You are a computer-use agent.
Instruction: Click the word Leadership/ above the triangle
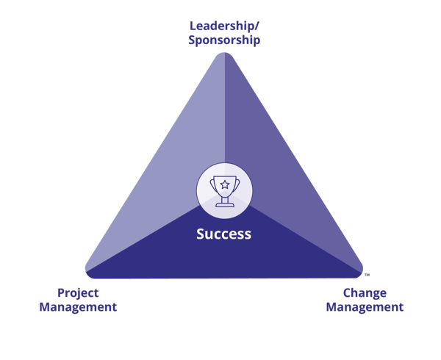point(224,26)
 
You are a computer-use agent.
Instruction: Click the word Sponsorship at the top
point(224,40)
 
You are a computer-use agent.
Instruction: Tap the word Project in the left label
point(78,293)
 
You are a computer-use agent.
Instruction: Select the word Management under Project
point(78,307)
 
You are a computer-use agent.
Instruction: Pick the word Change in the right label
point(365,293)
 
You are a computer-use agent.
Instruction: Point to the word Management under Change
point(365,307)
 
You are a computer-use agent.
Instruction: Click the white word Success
point(224,234)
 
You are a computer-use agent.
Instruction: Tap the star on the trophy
point(225,184)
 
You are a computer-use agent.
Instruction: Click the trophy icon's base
point(225,204)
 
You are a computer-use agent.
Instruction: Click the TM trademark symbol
point(367,275)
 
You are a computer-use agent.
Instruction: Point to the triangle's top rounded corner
point(225,53)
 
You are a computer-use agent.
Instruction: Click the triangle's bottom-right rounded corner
point(360,273)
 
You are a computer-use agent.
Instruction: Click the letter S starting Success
point(201,234)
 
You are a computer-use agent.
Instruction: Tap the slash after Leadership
point(257,26)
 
